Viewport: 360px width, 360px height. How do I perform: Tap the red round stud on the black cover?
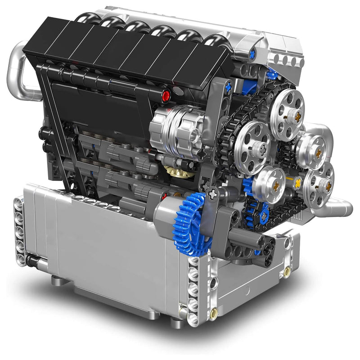point(166,95)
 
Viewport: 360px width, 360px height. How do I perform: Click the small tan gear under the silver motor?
point(172,171)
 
